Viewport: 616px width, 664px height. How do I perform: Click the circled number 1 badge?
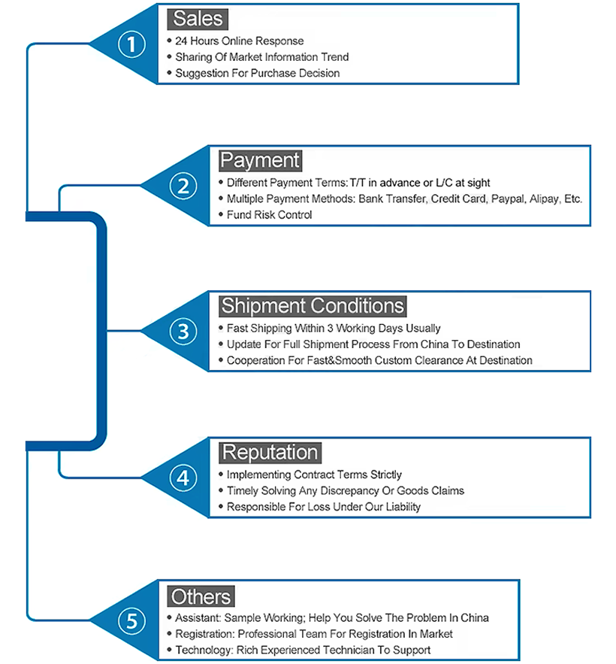pyautogui.click(x=131, y=44)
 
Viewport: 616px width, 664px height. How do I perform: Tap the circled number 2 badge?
pyautogui.click(x=183, y=186)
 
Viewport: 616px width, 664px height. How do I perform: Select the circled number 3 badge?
pyautogui.click(x=183, y=332)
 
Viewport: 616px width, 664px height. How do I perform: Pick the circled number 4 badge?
pyautogui.click(x=183, y=478)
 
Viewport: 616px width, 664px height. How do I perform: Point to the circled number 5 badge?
pyautogui.click(x=131, y=621)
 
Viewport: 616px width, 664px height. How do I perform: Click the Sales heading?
pyautogui.click(x=198, y=19)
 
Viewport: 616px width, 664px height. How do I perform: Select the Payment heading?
pyautogui.click(x=260, y=160)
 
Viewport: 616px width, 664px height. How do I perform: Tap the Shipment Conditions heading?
pyautogui.click(x=313, y=306)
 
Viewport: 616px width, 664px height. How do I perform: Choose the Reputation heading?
pyautogui.click(x=270, y=452)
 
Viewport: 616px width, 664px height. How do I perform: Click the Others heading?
pyautogui.click(x=201, y=596)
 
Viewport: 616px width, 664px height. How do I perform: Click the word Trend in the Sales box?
pyautogui.click(x=334, y=57)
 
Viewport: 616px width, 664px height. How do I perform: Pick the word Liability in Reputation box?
pyautogui.click(x=403, y=507)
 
